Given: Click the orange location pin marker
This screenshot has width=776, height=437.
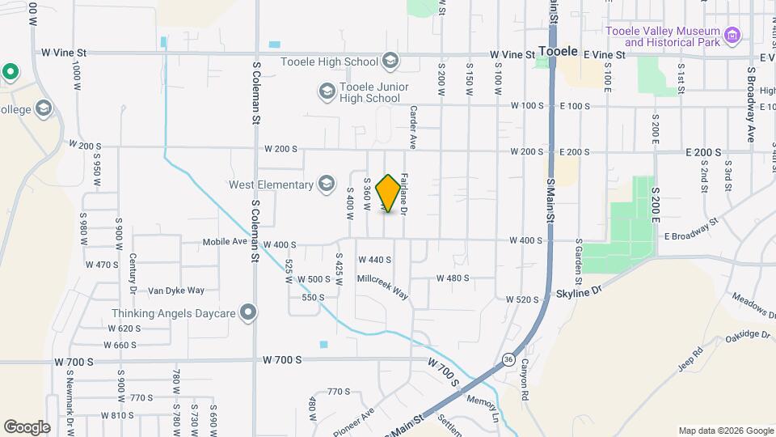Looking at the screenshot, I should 389,193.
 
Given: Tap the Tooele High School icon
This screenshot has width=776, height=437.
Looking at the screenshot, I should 390,62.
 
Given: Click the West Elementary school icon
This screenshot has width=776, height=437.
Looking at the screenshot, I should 327,185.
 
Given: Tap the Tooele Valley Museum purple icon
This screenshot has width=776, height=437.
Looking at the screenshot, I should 732,35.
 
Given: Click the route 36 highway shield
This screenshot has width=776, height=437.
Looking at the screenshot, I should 507,359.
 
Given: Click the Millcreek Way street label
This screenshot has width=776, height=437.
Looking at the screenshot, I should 383,286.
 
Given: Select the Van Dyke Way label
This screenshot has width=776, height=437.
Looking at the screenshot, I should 176,291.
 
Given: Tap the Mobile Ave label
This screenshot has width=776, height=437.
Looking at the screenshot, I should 224,242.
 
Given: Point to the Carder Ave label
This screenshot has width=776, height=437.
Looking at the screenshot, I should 412,128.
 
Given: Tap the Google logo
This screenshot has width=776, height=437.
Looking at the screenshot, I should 27,426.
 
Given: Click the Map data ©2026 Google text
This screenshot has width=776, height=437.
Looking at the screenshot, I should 726,431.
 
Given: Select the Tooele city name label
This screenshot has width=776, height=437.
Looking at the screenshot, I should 558,51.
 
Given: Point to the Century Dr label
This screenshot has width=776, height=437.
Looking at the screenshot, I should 132,274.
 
